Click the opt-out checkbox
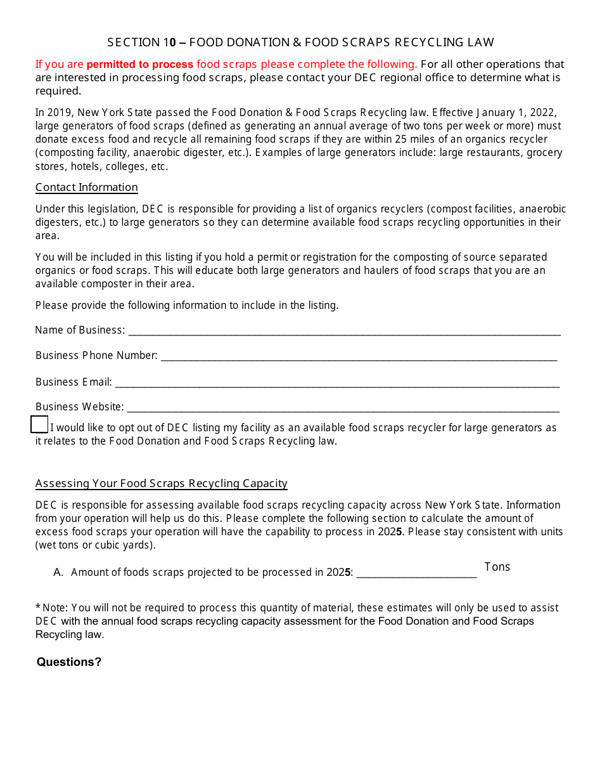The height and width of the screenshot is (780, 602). tap(39, 424)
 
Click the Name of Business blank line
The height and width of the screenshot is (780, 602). tap(343, 330)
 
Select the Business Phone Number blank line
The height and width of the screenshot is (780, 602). tap(359, 356)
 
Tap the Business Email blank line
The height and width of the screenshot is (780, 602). tap(336, 382)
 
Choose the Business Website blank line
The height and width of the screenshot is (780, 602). tap(343, 407)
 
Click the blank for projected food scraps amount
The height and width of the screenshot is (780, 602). tap(416, 573)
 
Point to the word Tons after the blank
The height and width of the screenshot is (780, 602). tap(497, 567)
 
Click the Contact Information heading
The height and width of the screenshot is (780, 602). tap(87, 188)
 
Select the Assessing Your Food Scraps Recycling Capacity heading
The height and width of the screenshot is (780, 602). tap(162, 484)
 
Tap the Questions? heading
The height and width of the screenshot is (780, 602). tap(69, 662)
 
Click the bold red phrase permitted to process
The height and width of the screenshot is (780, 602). tap(140, 64)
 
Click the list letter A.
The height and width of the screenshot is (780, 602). tap(58, 572)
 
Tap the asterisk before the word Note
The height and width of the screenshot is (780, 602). tap(38, 608)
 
